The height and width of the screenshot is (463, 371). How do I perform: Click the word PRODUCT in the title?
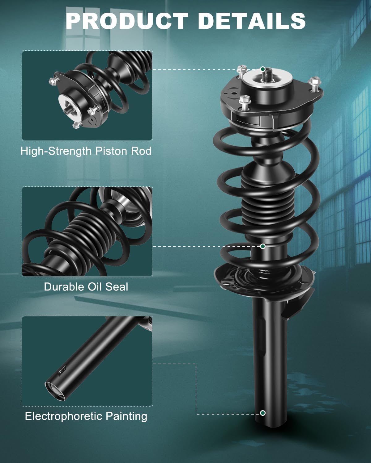127,21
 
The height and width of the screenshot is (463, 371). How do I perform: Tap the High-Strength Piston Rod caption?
86,151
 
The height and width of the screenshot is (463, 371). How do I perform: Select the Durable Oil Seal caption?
86,287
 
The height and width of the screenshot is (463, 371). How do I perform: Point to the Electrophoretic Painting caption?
86,416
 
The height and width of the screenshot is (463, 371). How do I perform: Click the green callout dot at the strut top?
263,69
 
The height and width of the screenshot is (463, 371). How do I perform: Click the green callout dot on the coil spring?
263,246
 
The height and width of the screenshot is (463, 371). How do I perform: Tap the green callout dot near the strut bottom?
263,413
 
